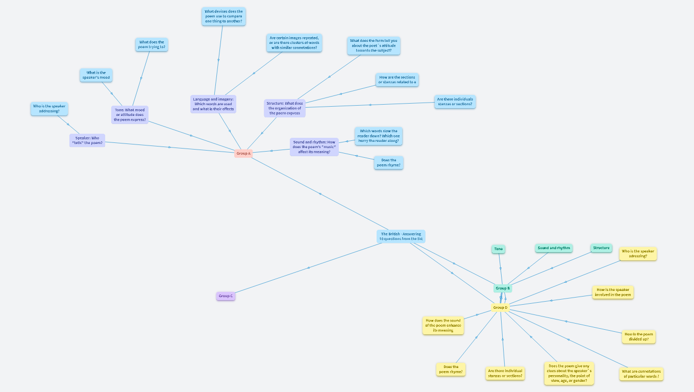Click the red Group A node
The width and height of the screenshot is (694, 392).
(x=243, y=153)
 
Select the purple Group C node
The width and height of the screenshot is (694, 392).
(x=226, y=296)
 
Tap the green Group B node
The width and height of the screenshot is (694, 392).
(x=503, y=288)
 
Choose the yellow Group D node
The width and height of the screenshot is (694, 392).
(x=500, y=307)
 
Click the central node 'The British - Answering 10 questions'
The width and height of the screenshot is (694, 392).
(x=401, y=236)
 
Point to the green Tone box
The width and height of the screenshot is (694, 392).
(x=499, y=249)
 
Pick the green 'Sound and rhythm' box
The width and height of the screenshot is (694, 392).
(x=554, y=248)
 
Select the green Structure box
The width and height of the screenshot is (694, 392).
(x=601, y=248)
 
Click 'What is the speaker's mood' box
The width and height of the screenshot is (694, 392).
(x=96, y=75)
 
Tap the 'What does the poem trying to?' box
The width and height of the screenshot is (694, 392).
(x=152, y=44)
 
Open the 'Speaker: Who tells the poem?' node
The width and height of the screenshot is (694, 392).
(x=87, y=140)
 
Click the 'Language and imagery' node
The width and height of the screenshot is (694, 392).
(x=213, y=104)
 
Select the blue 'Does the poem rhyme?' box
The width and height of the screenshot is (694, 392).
(x=388, y=163)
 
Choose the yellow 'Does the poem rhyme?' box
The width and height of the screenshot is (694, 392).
(x=451, y=369)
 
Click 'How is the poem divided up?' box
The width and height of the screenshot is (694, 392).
(x=638, y=337)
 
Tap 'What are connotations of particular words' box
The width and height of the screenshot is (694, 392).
(x=641, y=374)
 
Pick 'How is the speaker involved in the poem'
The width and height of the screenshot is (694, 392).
(x=613, y=292)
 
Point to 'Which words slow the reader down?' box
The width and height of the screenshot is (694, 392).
(x=378, y=136)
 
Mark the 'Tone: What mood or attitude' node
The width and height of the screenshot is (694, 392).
(x=130, y=115)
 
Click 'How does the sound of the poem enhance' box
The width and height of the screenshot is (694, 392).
(x=443, y=325)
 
